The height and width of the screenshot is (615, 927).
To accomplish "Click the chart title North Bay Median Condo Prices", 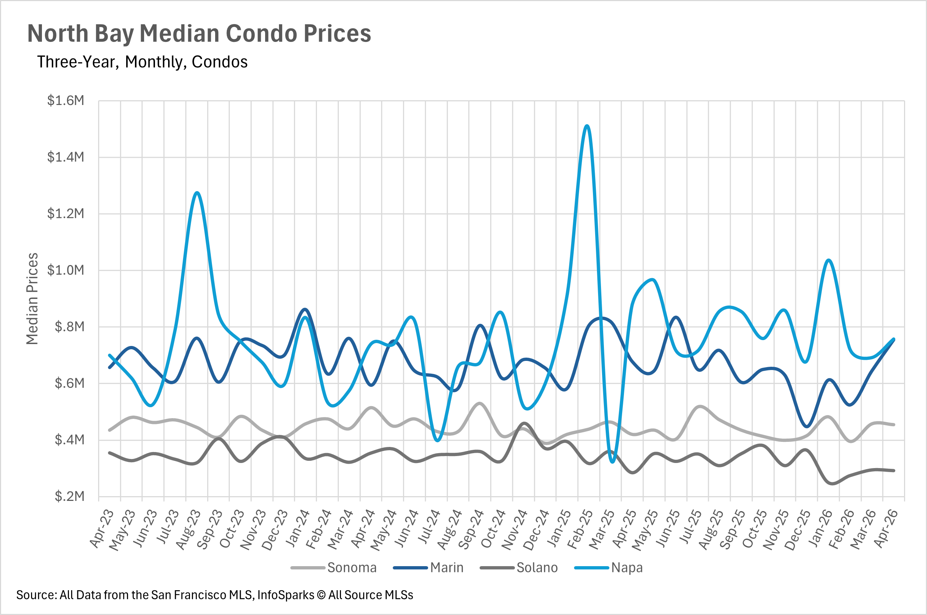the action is click(x=199, y=34).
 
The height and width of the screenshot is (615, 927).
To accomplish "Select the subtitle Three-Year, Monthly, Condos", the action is click(x=142, y=62).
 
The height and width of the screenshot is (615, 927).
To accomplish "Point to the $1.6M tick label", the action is click(x=66, y=101).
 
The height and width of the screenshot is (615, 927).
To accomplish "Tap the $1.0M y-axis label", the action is click(x=66, y=270).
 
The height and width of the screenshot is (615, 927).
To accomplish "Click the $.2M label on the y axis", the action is click(x=69, y=497).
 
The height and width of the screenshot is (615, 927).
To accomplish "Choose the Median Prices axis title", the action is click(x=32, y=299).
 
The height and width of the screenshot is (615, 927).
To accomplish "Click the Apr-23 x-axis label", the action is click(x=102, y=529).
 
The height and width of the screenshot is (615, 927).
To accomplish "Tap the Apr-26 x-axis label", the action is click(x=885, y=529).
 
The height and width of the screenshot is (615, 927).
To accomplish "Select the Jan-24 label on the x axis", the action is click(x=297, y=528).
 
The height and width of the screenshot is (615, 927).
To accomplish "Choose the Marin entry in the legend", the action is click(x=428, y=568).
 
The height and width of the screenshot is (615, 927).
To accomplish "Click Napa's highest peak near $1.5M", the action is click(x=587, y=126).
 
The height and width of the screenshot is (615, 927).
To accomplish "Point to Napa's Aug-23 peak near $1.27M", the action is click(x=197, y=192).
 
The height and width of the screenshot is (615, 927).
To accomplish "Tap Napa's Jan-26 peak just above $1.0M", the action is click(x=829, y=260).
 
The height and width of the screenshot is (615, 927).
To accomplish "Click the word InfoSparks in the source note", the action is click(x=286, y=595).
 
